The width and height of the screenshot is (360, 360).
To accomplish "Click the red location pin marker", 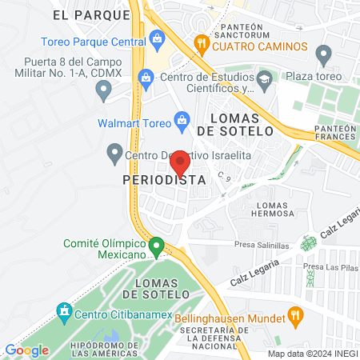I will point(181,163).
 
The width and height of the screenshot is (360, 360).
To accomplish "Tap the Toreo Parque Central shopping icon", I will point(157,38).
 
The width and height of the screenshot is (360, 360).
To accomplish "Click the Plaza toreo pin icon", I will point(324,55).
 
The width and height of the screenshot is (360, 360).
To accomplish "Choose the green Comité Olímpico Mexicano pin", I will point(157,246).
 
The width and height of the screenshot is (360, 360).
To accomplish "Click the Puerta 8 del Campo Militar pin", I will point(103,92).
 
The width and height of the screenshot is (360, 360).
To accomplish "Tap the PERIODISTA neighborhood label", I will point(164,181).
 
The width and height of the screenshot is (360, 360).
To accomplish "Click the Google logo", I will point(26,350).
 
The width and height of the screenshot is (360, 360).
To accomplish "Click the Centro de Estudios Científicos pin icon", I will point(146,78).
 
